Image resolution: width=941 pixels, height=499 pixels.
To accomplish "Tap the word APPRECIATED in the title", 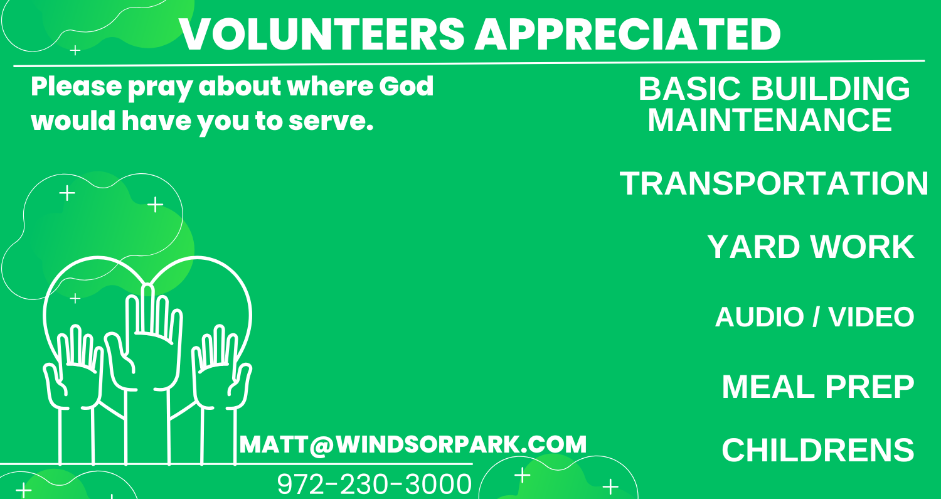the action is pyautogui.click(x=628, y=35).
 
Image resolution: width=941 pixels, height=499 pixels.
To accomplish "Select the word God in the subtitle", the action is pyautogui.click(x=407, y=86).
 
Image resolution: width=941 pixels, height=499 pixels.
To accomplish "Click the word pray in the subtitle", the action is pyautogui.click(x=160, y=89).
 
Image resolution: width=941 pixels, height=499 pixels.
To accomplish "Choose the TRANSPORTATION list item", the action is pyautogui.click(x=774, y=184).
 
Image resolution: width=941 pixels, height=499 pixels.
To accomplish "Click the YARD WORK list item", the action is pyautogui.click(x=811, y=247).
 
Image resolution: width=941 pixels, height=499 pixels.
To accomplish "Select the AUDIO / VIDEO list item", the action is pyautogui.click(x=814, y=317).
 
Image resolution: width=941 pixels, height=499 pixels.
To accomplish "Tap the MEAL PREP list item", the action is pyautogui.click(x=818, y=387).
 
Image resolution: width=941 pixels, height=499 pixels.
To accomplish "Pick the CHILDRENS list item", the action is pyautogui.click(x=818, y=450).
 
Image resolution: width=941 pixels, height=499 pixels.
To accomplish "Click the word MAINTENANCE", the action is pyautogui.click(x=770, y=121).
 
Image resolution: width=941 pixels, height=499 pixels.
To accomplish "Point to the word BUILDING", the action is pyautogui.click(x=830, y=89).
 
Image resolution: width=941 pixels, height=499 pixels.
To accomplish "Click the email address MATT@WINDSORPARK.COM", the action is pyautogui.click(x=413, y=444).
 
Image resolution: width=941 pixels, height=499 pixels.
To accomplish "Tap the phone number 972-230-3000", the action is pyautogui.click(x=375, y=484).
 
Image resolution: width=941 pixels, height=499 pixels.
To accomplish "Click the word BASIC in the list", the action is pyautogui.click(x=689, y=89).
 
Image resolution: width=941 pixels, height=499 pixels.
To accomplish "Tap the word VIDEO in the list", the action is pyautogui.click(x=871, y=317).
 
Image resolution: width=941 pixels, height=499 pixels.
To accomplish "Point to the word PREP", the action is pyautogui.click(x=869, y=387).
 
